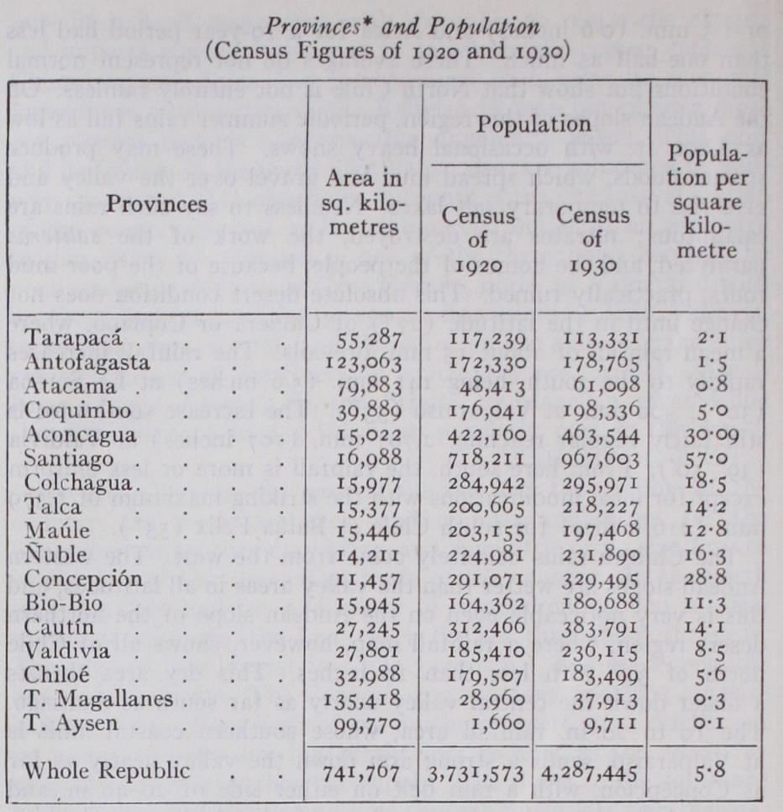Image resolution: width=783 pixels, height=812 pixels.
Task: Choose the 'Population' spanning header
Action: pos(533,126)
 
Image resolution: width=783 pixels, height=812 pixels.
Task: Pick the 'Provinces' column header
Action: pos(156,203)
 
